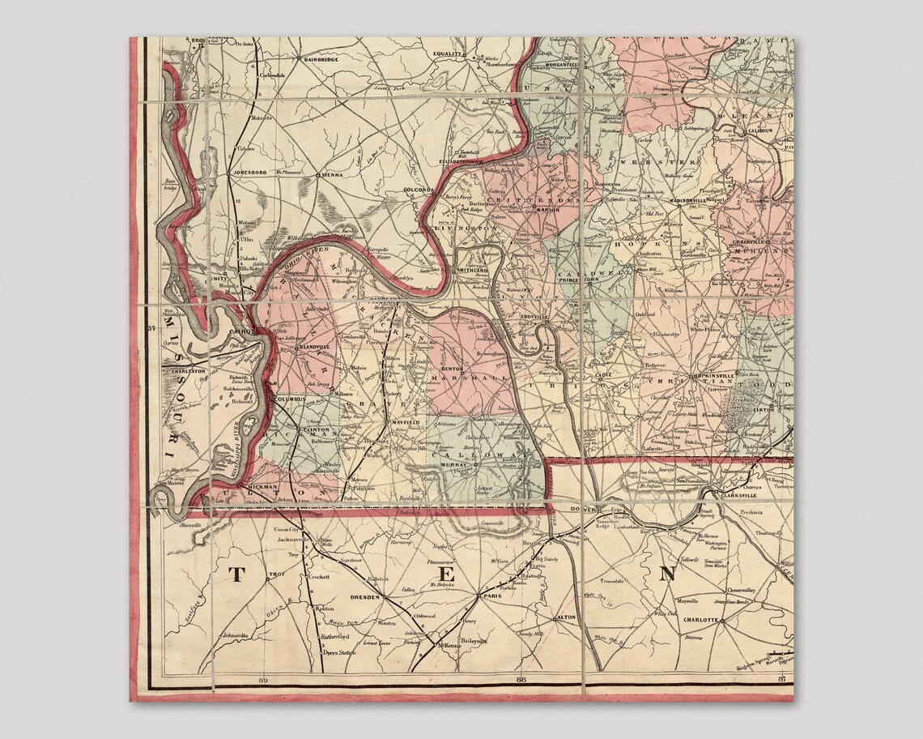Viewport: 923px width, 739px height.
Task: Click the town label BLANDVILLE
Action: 294,346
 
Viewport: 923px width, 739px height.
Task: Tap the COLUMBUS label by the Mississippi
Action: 289,399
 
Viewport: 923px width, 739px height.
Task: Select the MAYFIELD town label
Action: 406,422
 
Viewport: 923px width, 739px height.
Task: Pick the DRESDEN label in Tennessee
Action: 364,596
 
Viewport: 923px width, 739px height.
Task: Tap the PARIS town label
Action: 492,596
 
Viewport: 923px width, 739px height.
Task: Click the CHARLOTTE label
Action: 701,620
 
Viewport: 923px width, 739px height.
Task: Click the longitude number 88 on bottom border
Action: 521,680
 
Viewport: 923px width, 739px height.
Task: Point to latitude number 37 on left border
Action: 151,328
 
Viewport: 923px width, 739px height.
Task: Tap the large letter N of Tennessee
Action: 666,575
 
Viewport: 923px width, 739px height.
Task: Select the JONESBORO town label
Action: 249,173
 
